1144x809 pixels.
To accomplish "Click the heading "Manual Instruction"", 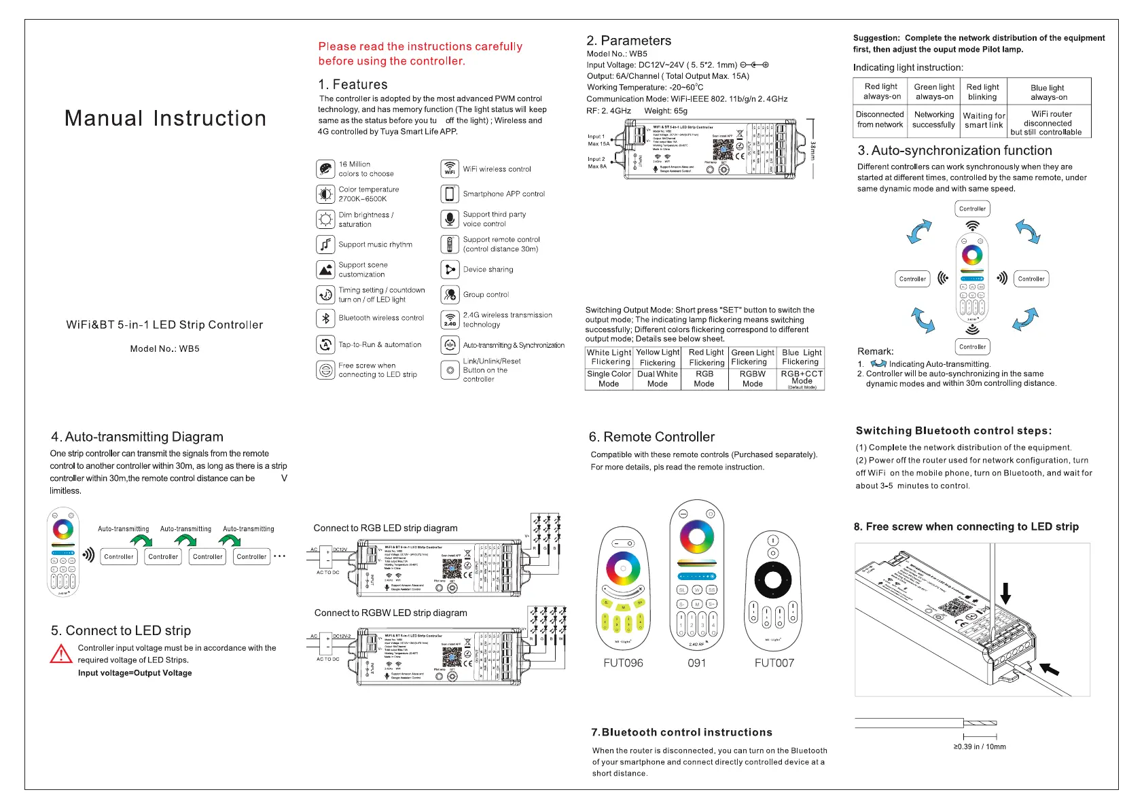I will point(165,118).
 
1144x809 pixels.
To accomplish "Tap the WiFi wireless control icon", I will point(450,168).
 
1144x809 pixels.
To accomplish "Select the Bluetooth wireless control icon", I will point(325,318).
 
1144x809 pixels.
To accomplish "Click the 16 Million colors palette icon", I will point(325,168).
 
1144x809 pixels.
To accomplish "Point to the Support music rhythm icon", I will point(325,245).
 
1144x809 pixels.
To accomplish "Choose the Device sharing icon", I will point(450,270).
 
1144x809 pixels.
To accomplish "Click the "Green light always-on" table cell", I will point(934,92).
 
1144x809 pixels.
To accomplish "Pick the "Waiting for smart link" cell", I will point(984,120).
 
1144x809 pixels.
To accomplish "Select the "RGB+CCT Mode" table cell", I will point(802,379).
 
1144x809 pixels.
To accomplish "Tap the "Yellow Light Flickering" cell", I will point(658,357).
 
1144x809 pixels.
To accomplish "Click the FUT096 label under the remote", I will point(623,663).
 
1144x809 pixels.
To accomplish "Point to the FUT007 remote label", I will point(774,663).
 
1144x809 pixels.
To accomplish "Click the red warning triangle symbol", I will point(61,654).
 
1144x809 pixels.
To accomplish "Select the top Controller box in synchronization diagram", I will point(972,209).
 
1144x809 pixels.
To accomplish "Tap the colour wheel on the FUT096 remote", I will point(623,569).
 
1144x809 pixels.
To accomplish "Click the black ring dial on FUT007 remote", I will point(773,580).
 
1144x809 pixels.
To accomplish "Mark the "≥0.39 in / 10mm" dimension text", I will point(980,747).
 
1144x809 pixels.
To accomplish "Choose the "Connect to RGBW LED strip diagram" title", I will point(391,613).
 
